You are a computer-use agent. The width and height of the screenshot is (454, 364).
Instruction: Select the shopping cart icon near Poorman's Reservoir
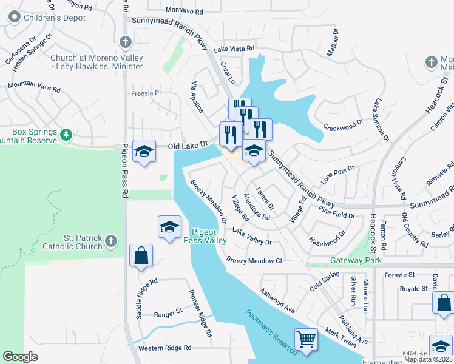(307, 340)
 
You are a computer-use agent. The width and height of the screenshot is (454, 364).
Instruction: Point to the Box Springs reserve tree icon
(68, 133)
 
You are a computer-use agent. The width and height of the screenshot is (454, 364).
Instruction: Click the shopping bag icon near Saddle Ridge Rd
(141, 255)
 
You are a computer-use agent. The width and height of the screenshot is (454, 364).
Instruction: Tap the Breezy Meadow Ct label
(255, 260)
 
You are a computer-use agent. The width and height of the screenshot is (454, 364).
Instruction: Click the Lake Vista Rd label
(234, 49)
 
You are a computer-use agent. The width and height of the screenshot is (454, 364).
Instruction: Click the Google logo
(20, 357)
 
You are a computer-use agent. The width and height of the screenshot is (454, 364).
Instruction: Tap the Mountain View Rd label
(34, 87)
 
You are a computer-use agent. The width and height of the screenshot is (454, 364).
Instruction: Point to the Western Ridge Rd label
(164, 348)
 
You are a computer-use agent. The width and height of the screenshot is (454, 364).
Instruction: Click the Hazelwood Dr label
(327, 237)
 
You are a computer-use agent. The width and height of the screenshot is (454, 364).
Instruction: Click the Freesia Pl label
(146, 93)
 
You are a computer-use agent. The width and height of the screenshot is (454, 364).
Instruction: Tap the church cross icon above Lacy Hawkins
(125, 42)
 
